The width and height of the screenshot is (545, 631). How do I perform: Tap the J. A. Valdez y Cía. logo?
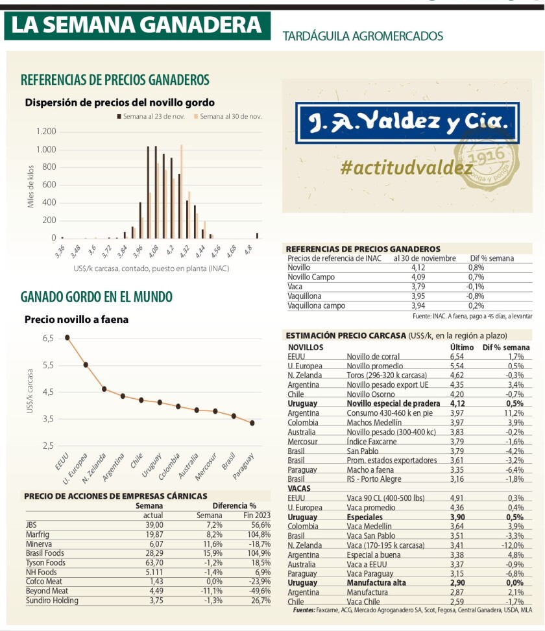pos(407,123)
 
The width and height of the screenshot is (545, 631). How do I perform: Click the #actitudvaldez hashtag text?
pos(406,167)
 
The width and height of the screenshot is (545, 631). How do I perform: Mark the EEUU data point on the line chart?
pos(67,337)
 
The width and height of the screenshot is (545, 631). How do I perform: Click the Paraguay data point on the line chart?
pos(252,423)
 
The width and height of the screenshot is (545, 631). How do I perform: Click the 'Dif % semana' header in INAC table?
pos(491,258)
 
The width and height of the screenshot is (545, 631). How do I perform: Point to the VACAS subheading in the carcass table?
pos(299,488)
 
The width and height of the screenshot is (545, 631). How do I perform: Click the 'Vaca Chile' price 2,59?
pos(458,602)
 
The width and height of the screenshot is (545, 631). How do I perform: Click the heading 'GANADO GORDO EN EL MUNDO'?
pos(97,297)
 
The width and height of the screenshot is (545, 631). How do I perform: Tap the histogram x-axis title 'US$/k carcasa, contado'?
pos(151,268)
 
